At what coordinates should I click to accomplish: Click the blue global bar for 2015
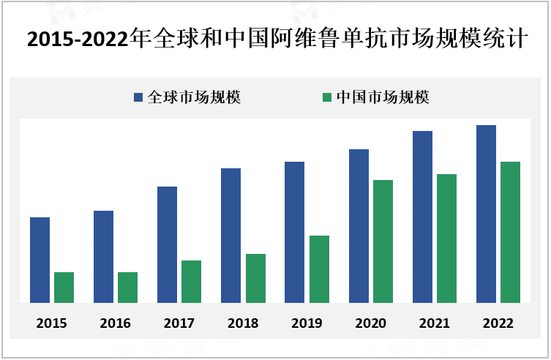pyautogui.click(x=40, y=260)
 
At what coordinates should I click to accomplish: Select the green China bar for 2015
pyautogui.click(x=64, y=287)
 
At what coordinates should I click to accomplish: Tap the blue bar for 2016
pyautogui.click(x=103, y=256)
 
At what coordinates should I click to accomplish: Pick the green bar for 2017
pyautogui.click(x=191, y=281)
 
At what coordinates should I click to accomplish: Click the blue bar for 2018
pyautogui.click(x=230, y=235)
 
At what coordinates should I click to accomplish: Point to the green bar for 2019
pyautogui.click(x=319, y=269)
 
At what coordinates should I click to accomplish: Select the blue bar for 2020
pyautogui.click(x=359, y=225)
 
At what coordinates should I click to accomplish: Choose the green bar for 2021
pyautogui.click(x=446, y=238)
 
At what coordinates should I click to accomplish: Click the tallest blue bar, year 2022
pyautogui.click(x=486, y=214)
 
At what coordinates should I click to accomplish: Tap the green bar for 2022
pyautogui.click(x=510, y=232)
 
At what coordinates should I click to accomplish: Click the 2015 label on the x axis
pyautogui.click(x=51, y=323)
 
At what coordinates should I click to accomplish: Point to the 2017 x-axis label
pyautogui.click(x=179, y=323)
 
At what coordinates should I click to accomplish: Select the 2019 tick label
pyautogui.click(x=307, y=323)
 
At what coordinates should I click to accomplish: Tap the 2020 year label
pyautogui.click(x=371, y=323)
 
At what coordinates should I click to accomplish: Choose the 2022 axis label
pyautogui.click(x=498, y=323)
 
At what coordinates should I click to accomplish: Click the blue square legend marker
pyautogui.click(x=138, y=97)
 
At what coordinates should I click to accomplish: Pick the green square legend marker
pyautogui.click(x=327, y=97)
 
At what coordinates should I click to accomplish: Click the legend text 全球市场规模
pyautogui.click(x=194, y=97)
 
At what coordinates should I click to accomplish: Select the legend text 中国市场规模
pyautogui.click(x=383, y=97)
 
